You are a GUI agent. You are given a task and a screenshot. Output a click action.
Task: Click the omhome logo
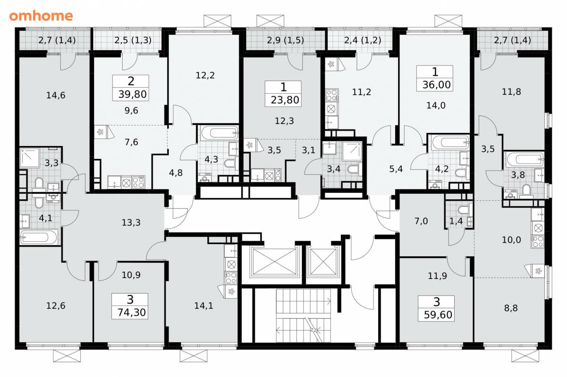41,16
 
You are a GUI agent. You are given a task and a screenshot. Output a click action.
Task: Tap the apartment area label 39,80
132,94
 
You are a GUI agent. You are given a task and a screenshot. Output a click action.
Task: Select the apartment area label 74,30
132,312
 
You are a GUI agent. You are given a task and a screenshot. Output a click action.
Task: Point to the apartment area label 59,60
438,315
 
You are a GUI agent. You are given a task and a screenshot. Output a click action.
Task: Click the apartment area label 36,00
436,85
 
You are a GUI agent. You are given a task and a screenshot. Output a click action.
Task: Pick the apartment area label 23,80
285,100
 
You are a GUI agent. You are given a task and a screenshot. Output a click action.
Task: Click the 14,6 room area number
56,95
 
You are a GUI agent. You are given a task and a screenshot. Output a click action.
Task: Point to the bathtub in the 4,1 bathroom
39,237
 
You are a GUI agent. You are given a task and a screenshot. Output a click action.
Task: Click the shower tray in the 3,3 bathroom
30,158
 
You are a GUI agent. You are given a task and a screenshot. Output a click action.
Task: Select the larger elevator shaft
274,262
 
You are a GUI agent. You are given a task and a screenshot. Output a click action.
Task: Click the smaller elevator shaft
323,262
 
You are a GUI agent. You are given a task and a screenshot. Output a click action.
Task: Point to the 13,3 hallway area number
131,222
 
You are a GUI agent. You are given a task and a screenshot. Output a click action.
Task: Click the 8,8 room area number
511,308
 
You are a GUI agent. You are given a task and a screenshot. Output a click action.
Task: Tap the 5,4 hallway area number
396,169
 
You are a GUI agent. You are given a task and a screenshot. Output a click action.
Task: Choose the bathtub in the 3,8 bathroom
524,159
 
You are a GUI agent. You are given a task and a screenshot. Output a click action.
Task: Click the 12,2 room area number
205,75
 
